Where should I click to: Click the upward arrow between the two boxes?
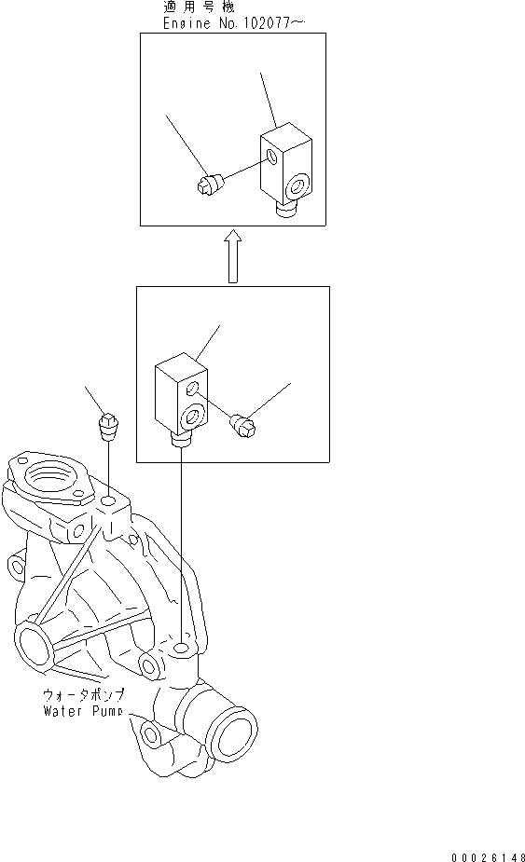pyautogui.click(x=233, y=258)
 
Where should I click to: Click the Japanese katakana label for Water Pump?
pyautogui.click(x=84, y=695)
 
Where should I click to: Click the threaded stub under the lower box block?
pyautogui.click(x=181, y=440)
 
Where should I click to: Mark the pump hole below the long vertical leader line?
pyautogui.click(x=182, y=646)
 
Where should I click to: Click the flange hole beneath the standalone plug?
pyautogui.click(x=109, y=502)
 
